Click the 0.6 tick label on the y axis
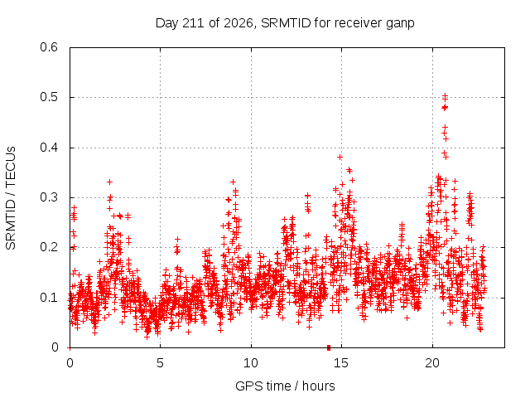pyautogui.click(x=49, y=47)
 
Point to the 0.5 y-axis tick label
pyautogui.click(x=49, y=98)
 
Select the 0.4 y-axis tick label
pyautogui.click(x=49, y=148)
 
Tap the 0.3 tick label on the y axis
pyautogui.click(x=49, y=197)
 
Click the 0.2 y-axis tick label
pyautogui.click(x=49, y=247)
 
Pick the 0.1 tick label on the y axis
pyautogui.click(x=49, y=298)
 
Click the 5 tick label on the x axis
pyautogui.click(x=160, y=363)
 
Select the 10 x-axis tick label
pyautogui.click(x=251, y=363)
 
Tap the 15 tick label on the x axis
pyautogui.click(x=341, y=363)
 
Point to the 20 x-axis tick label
pyautogui.click(x=432, y=363)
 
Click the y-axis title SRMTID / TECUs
pyautogui.click(x=11, y=198)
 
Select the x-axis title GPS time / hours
pyautogui.click(x=285, y=386)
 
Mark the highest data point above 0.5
pyautogui.click(x=446, y=96)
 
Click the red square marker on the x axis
pyautogui.click(x=329, y=347)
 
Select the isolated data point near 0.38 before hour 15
pyautogui.click(x=340, y=157)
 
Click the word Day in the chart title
pyautogui.click(x=167, y=24)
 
